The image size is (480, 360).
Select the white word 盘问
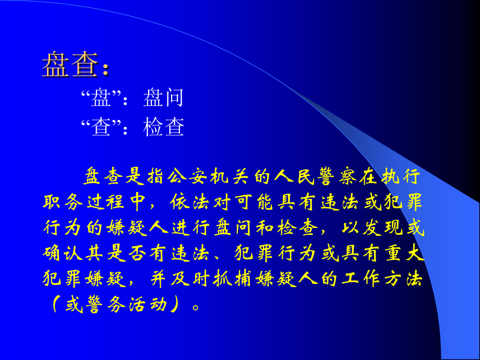point(163,98)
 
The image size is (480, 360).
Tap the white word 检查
point(163,127)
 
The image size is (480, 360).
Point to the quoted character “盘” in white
point(101,98)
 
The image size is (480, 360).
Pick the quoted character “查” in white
point(101,127)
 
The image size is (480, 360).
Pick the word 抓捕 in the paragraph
point(230,280)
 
